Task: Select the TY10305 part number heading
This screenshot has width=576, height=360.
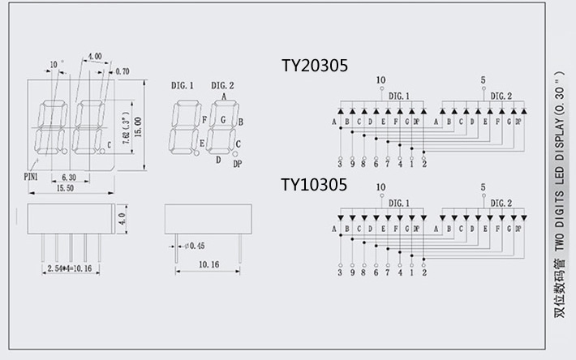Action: point(314,185)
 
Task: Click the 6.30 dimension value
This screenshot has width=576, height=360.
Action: point(69,176)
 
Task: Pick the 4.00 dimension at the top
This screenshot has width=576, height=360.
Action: point(94,57)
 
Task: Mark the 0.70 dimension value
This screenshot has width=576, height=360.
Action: point(123,71)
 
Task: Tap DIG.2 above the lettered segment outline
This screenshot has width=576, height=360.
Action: point(222,85)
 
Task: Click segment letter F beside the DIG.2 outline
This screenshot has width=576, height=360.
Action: point(204,119)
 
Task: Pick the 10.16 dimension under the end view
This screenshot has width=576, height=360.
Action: point(209,264)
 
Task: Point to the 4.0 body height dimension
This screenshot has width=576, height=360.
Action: point(122,218)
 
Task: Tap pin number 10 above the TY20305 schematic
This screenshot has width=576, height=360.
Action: point(380,79)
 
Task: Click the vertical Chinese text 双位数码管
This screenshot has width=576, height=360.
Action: point(559,291)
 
